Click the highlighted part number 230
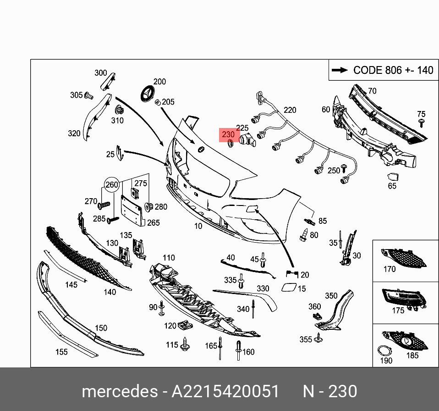228,134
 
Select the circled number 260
112,185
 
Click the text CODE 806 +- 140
393,70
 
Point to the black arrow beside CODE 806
340,70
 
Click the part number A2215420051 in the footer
225,391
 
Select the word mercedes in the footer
119,391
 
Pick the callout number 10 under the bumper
198,226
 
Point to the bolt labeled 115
185,344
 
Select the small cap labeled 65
393,177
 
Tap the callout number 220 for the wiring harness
290,110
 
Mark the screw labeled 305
89,96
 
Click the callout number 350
331,296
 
